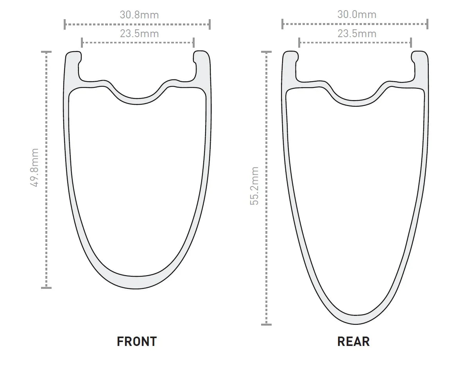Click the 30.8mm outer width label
[x=139, y=15]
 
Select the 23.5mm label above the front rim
[x=139, y=34]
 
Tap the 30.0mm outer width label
[x=357, y=14]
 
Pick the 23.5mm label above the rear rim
[x=357, y=34]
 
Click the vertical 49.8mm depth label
[x=34, y=167]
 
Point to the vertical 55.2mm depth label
[x=254, y=186]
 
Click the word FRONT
[x=137, y=341]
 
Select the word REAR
[x=353, y=341]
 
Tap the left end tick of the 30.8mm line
[x=65, y=24]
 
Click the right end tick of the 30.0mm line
[x=427, y=24]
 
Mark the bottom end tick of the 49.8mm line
[x=47, y=288]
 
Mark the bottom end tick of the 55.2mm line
[x=266, y=324]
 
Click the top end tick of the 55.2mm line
[x=266, y=52]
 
